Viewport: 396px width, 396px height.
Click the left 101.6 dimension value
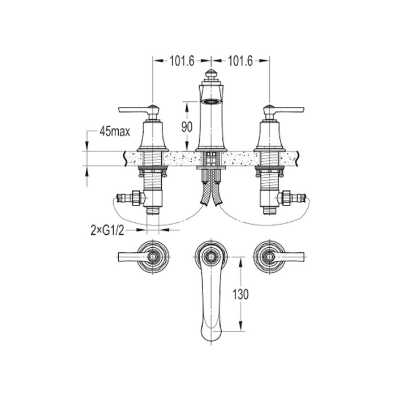pos(182,61)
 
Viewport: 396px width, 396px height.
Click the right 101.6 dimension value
pos(240,61)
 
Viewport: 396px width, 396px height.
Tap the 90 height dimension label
pos(187,127)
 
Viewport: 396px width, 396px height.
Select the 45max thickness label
pos(115,132)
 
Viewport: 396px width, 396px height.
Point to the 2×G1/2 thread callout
pos(107,230)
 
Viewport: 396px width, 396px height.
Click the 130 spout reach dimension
pos(240,294)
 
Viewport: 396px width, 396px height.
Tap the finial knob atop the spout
pos(212,74)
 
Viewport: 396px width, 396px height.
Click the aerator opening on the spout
pos(212,101)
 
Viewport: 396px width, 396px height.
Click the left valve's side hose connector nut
pos(136,197)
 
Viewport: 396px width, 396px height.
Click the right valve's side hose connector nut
pos(287,197)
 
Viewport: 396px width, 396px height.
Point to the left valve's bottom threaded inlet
pos(153,210)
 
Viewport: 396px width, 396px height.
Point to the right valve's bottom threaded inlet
pos(269,210)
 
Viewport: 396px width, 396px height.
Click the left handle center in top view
pos(153,257)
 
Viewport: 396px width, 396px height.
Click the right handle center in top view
pos(269,257)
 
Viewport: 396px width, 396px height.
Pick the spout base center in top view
pos(212,257)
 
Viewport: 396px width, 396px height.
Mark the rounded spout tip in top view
pos(212,334)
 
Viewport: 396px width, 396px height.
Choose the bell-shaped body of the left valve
pos(153,136)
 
